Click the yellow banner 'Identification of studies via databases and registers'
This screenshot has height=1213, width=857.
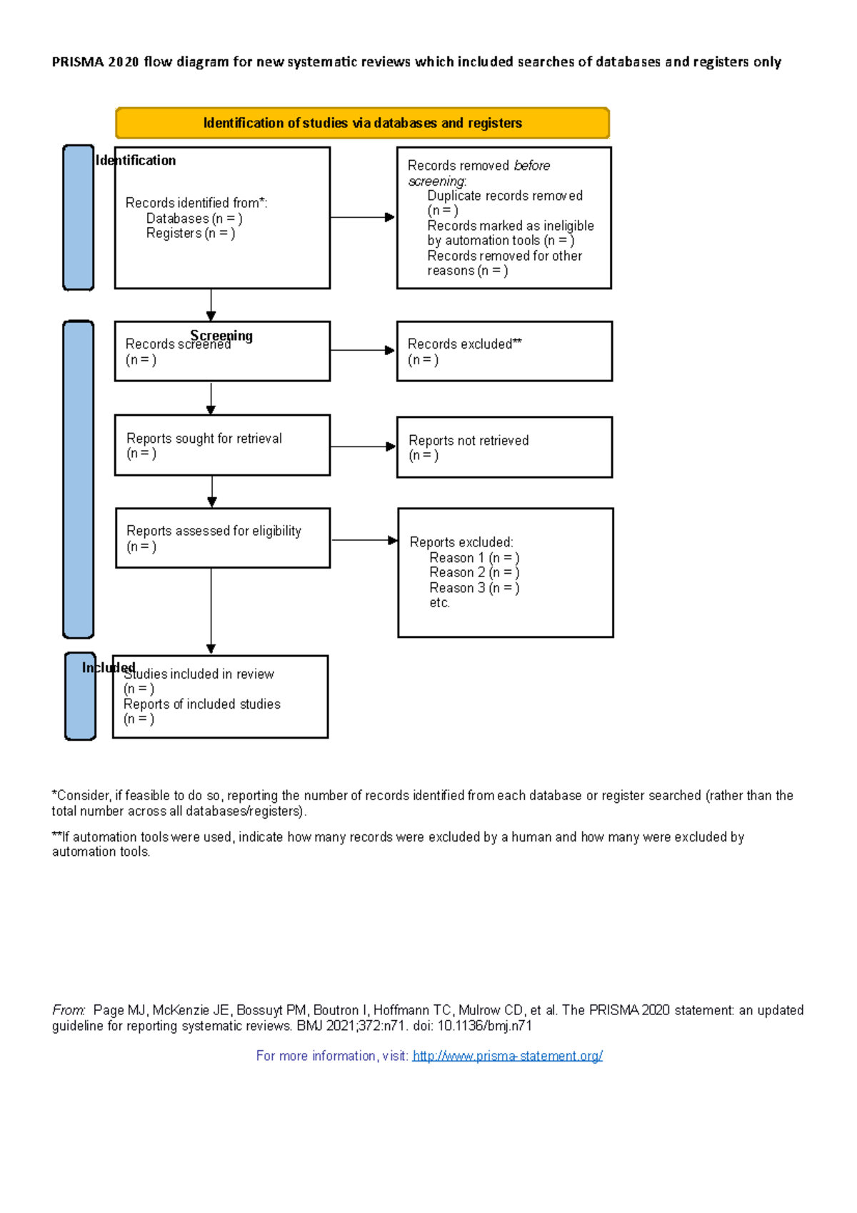pos(362,123)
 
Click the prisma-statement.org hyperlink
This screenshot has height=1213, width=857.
pos(507,1056)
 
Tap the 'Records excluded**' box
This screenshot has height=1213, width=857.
pos(504,351)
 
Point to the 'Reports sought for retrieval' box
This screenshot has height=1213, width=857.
pos(222,446)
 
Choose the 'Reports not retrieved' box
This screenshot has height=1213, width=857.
pos(504,448)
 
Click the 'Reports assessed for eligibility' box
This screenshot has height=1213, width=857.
pos(222,539)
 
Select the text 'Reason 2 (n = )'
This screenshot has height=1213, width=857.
pos(474,573)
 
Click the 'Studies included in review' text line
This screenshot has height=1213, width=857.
pos(199,674)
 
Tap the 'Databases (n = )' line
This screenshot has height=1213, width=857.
pos(194,219)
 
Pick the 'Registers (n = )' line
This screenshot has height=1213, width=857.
pos(191,234)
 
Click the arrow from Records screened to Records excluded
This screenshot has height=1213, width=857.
pos(362,350)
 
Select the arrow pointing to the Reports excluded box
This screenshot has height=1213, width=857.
pos(364,540)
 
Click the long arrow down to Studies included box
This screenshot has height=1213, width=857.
pos(211,611)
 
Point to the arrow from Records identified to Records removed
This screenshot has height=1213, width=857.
pos(362,217)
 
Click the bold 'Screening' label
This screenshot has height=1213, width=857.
pos(221,335)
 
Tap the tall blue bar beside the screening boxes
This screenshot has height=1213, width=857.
pos(79,479)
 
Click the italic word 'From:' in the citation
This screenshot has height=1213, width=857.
pos(69,1010)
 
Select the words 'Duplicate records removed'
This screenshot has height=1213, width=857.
pos(505,196)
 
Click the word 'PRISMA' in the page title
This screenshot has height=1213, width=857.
pos(78,62)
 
